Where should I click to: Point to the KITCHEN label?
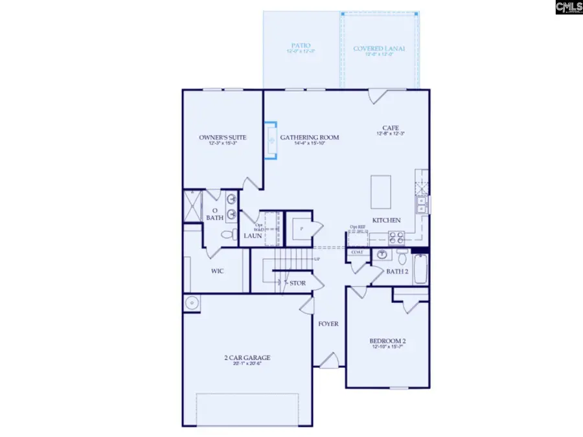point(386,221)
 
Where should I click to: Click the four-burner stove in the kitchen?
point(395,238)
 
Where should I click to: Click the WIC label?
point(217,271)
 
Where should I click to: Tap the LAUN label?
point(251,236)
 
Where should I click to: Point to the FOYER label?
point(328,324)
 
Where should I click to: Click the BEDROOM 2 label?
point(388,341)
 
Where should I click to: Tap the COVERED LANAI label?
point(380,48)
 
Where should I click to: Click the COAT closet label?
point(356,252)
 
